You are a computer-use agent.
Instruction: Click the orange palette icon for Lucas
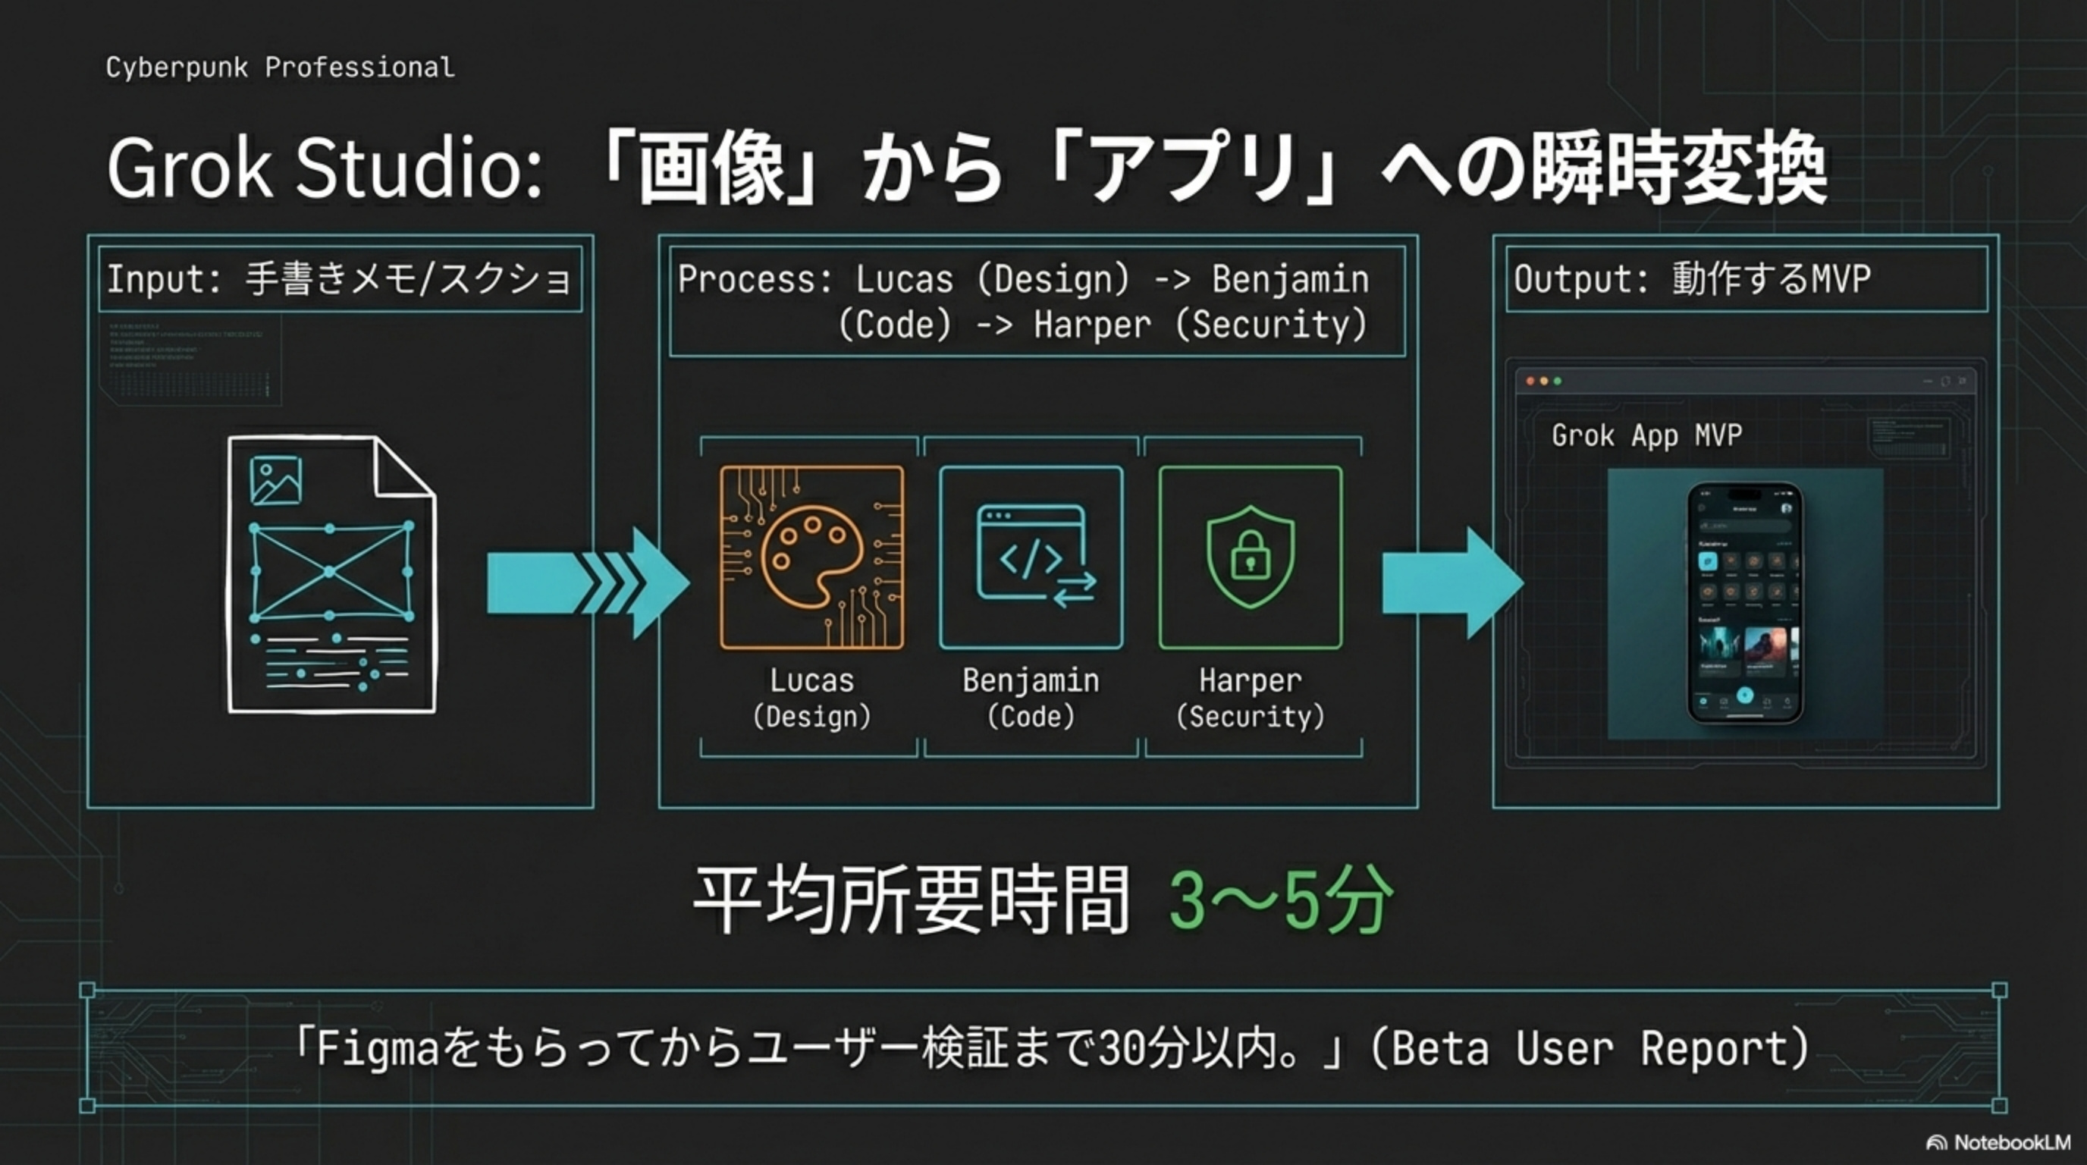(811, 557)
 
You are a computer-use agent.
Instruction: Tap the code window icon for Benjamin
(1031, 557)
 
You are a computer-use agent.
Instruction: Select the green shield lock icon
(1250, 557)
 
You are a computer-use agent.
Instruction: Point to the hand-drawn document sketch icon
(332, 575)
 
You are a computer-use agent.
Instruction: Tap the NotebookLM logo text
(2012, 1142)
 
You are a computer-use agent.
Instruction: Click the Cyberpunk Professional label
(280, 68)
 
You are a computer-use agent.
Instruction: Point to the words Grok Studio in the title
(324, 168)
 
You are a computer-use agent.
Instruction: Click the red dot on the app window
(1530, 381)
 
